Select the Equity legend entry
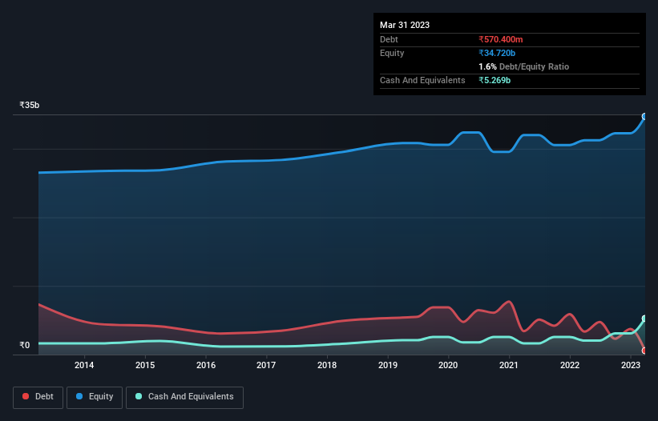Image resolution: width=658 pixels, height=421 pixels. coord(95,396)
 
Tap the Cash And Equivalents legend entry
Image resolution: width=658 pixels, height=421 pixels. coord(184,396)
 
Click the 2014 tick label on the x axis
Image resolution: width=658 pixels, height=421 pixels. coord(84,366)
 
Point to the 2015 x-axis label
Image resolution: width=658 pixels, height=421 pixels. coord(145,366)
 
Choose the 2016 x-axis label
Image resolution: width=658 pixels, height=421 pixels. coord(206,366)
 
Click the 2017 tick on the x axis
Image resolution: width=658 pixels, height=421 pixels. coord(266,366)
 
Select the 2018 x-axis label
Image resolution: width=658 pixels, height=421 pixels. coord(327,366)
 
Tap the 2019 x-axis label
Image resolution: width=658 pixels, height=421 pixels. coord(388,366)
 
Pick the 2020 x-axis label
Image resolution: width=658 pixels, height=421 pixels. coord(448,366)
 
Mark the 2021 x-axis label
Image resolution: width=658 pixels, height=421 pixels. coord(509,366)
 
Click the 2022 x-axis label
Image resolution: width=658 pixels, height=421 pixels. coord(570,366)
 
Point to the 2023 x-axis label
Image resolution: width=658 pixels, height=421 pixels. coord(630,366)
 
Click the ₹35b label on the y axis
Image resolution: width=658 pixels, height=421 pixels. coord(30,106)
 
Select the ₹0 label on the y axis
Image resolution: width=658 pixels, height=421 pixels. coord(24,346)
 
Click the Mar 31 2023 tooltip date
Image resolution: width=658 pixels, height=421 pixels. coord(405,25)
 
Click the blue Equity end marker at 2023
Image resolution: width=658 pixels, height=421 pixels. coord(644,116)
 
